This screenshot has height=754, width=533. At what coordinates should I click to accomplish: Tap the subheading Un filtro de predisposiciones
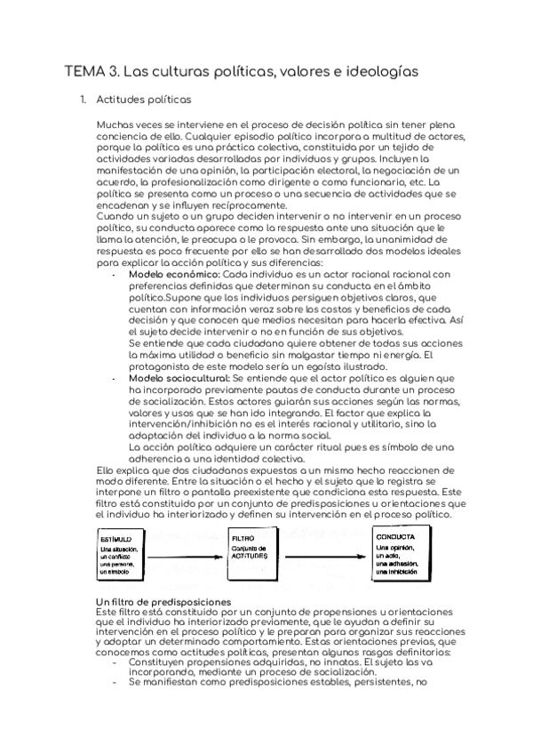click(163, 603)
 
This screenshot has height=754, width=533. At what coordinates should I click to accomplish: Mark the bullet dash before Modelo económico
click(117, 276)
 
